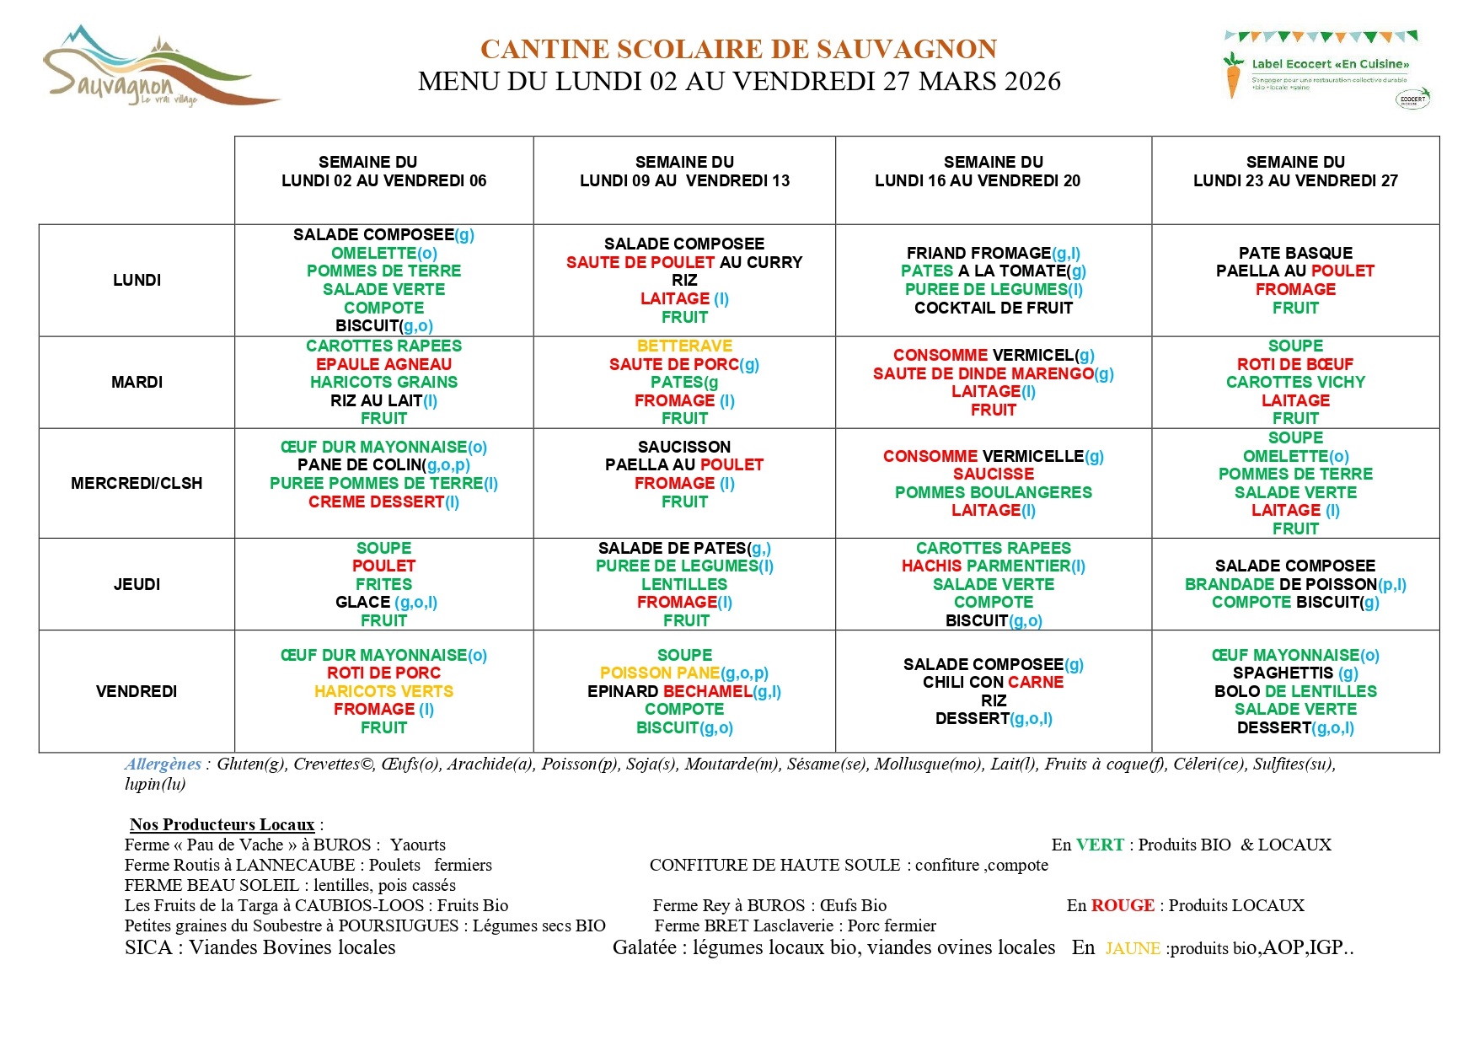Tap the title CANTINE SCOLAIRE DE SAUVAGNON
[738, 49]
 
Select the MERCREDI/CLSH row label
[137, 483]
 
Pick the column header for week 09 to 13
[684, 171]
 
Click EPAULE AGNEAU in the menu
[383, 364]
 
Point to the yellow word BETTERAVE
[684, 346]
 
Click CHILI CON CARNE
[993, 682]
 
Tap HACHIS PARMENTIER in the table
[986, 566]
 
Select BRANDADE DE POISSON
[1280, 584]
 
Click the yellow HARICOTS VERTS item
[383, 691]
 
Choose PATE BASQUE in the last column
[1295, 253]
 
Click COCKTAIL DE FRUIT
[993, 308]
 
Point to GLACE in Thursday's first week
[363, 602]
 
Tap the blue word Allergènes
[163, 764]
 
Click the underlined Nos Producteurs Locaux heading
[222, 824]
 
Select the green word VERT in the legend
[1100, 845]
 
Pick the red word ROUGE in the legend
[1123, 905]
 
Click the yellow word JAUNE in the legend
[1132, 948]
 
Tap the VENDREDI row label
[137, 691]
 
